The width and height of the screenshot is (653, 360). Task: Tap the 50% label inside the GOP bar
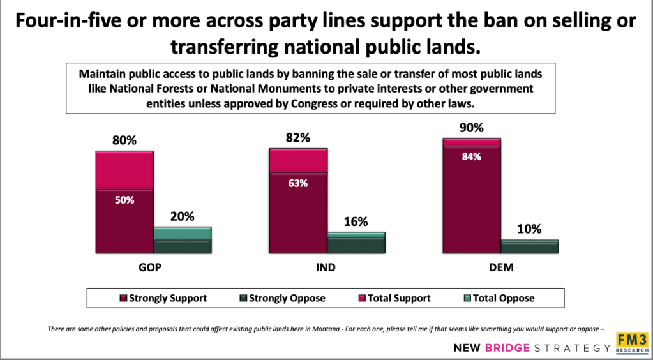(125, 200)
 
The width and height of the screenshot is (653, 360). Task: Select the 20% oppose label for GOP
(182, 216)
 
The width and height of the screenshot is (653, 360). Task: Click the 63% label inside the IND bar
(298, 183)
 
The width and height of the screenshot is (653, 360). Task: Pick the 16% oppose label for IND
(356, 221)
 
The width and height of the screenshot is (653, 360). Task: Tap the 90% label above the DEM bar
(472, 127)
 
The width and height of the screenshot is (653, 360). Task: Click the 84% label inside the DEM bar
(472, 156)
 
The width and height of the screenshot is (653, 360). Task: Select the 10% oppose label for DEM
(529, 229)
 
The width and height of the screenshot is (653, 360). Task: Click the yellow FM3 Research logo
(631, 343)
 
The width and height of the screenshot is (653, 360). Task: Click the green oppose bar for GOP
(182, 240)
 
